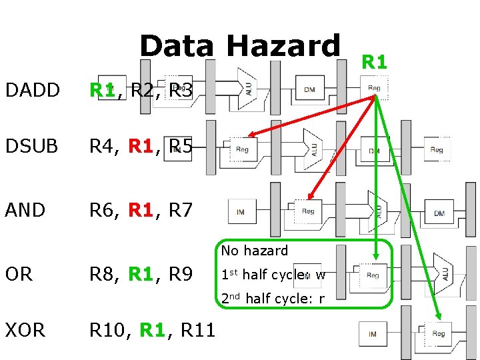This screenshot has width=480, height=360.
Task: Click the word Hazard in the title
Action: coord(283,47)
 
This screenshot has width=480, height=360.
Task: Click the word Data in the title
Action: coord(177,47)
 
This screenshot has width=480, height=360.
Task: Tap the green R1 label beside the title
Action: coord(374,62)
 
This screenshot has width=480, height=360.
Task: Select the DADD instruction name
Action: coord(32,90)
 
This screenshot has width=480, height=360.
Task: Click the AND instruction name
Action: coord(25,211)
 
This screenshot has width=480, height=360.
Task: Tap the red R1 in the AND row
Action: coord(141,211)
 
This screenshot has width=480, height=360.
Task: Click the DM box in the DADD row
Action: coord(309,89)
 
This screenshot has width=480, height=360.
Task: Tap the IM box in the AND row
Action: coord(240,212)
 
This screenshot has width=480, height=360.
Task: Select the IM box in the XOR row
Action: coord(372,333)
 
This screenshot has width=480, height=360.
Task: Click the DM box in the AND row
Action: coord(439,213)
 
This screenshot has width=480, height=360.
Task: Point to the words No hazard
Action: coord(255,251)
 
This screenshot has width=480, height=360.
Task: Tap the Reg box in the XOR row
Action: coord(438,333)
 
